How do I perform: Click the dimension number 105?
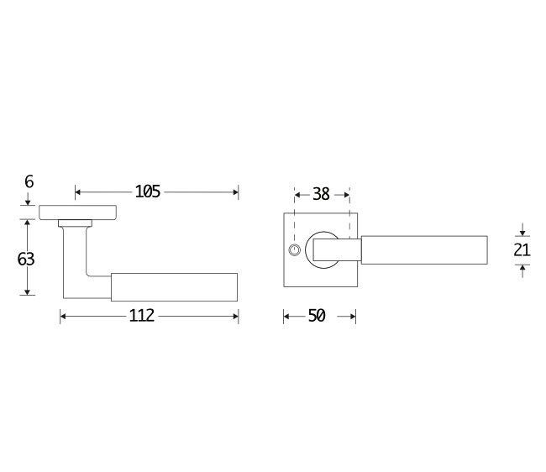(x=147, y=191)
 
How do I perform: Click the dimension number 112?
(x=141, y=316)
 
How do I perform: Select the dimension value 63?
(x=26, y=259)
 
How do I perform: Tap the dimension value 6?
(x=29, y=181)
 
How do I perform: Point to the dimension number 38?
(x=321, y=194)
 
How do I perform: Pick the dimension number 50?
(x=317, y=316)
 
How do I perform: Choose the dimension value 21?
(x=522, y=250)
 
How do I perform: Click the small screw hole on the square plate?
(x=294, y=250)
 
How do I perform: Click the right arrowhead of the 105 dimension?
(x=236, y=192)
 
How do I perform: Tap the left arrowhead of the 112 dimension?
(x=63, y=316)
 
